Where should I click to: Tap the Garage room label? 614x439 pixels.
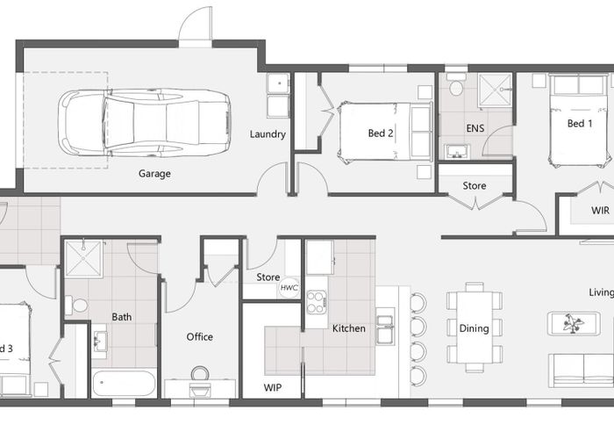pos(154,174)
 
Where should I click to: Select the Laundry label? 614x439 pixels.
pos(268,134)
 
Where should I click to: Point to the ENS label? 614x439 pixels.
pos(475,128)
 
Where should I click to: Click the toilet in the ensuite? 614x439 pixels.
pos(456,87)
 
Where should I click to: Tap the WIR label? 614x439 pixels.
pos(600,211)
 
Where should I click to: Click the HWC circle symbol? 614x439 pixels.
pos(289,287)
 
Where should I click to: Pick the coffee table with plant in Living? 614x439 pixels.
pos(575,323)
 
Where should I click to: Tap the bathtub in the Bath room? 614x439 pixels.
pos(124,384)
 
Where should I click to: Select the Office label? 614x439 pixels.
pos(200,337)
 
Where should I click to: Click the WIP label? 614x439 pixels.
pos(273,386)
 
